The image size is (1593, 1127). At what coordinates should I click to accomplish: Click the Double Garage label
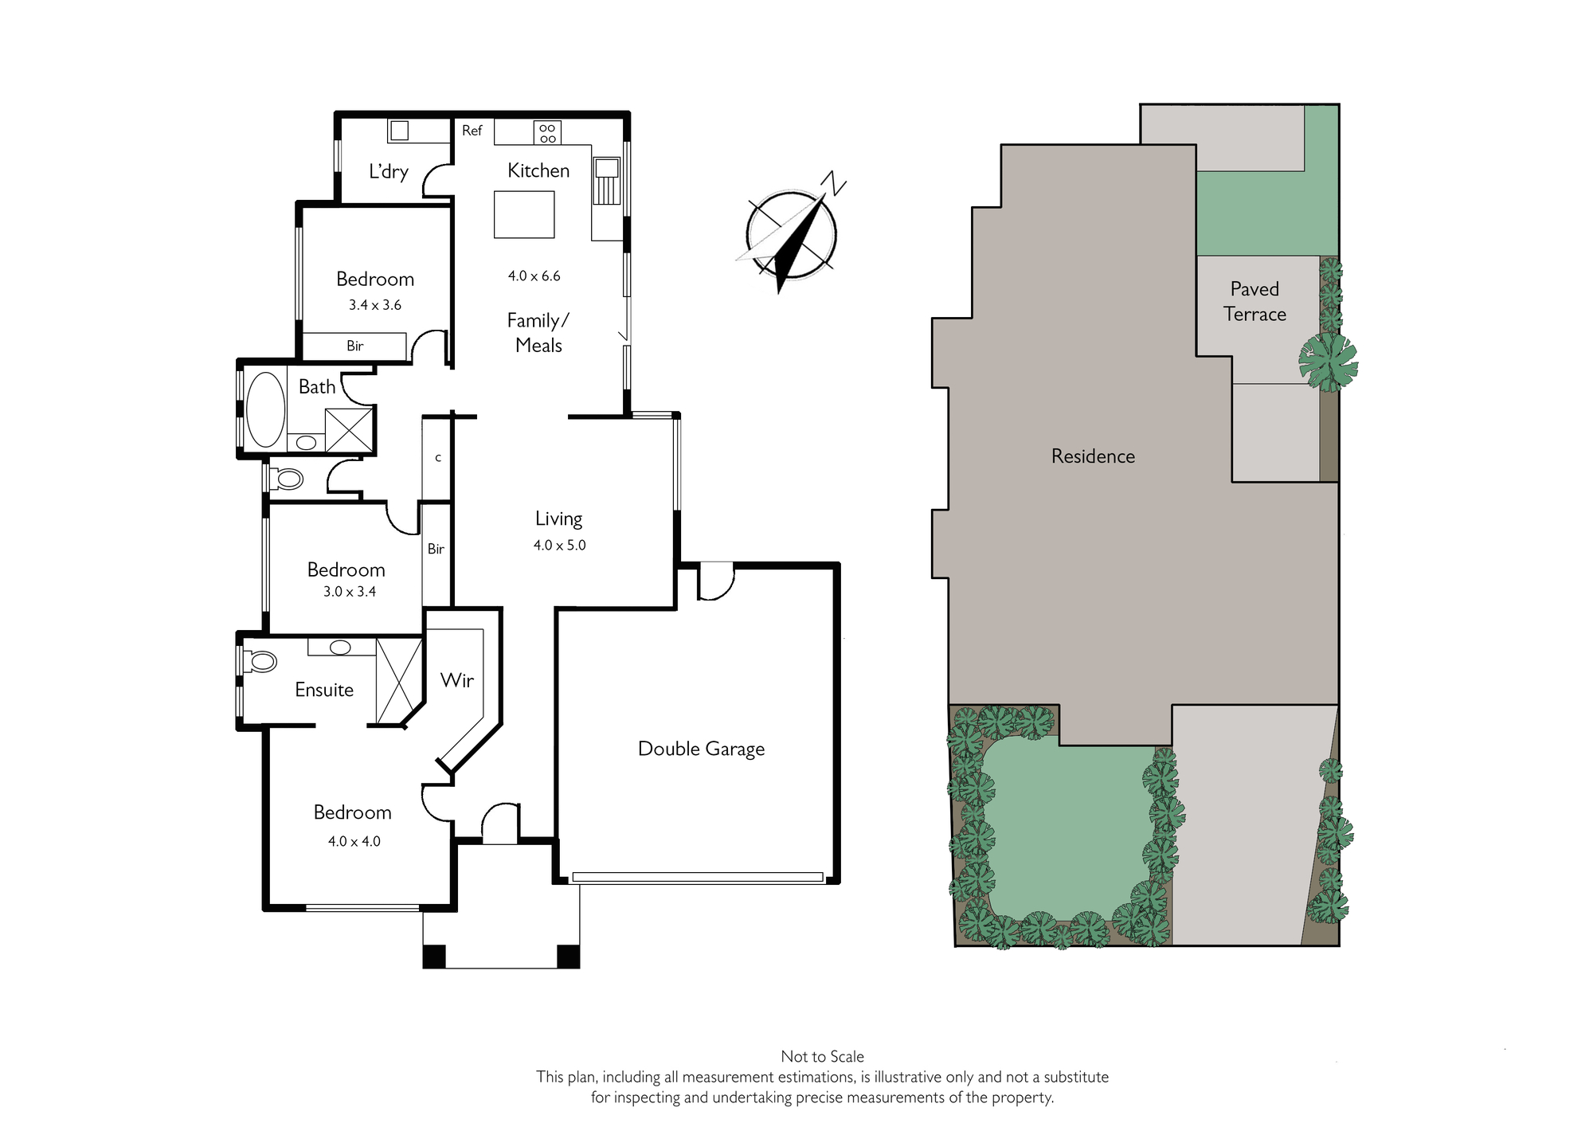(701, 749)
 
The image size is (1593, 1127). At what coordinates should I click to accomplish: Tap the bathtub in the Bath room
(265, 409)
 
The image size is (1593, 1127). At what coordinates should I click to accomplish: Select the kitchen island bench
(524, 214)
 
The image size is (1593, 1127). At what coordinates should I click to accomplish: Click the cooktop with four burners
(547, 133)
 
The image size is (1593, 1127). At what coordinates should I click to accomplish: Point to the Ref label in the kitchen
(472, 131)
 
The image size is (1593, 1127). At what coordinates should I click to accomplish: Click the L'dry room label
(389, 171)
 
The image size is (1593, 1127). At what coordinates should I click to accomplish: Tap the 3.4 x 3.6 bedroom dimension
(375, 305)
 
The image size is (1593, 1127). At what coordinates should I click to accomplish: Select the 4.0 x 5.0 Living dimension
(559, 546)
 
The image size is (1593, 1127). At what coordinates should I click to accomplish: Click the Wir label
(457, 680)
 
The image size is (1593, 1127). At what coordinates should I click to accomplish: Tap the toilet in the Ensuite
(260, 661)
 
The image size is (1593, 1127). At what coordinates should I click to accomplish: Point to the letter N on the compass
(833, 184)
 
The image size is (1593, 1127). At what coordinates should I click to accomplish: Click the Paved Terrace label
(1255, 302)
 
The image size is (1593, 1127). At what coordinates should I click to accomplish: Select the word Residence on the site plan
(1093, 456)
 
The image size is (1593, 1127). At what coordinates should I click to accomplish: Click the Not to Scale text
(822, 1057)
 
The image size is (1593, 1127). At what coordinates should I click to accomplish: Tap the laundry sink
(400, 131)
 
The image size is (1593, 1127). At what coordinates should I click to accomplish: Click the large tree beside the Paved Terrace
(1328, 362)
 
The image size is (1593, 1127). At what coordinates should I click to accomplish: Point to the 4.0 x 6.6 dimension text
(534, 276)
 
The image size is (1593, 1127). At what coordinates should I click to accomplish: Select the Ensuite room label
(324, 690)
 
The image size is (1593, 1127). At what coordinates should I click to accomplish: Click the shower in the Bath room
(349, 431)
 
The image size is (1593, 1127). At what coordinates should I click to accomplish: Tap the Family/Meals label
(538, 333)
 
